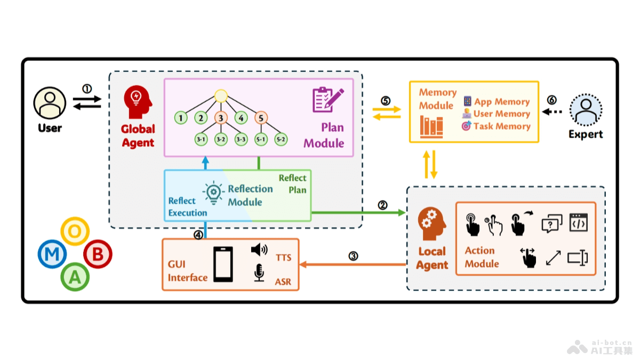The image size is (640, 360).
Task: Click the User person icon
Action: point(50,103)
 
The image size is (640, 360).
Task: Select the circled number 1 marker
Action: point(87,88)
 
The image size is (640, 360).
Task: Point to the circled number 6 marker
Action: point(551,100)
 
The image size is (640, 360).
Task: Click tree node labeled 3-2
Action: point(221,139)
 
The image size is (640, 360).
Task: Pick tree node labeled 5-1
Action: point(261,139)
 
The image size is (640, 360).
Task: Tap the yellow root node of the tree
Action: point(221,96)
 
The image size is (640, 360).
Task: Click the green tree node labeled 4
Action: point(241,117)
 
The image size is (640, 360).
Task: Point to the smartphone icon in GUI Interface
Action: point(223,264)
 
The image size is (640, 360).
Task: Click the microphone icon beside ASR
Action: point(259,273)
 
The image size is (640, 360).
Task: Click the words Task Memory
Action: point(502,126)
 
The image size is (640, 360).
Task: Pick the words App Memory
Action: point(502,101)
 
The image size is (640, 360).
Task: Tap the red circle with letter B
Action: point(98,254)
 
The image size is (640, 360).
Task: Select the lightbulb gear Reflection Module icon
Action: point(213,192)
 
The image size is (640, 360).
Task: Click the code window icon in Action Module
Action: point(578,222)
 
